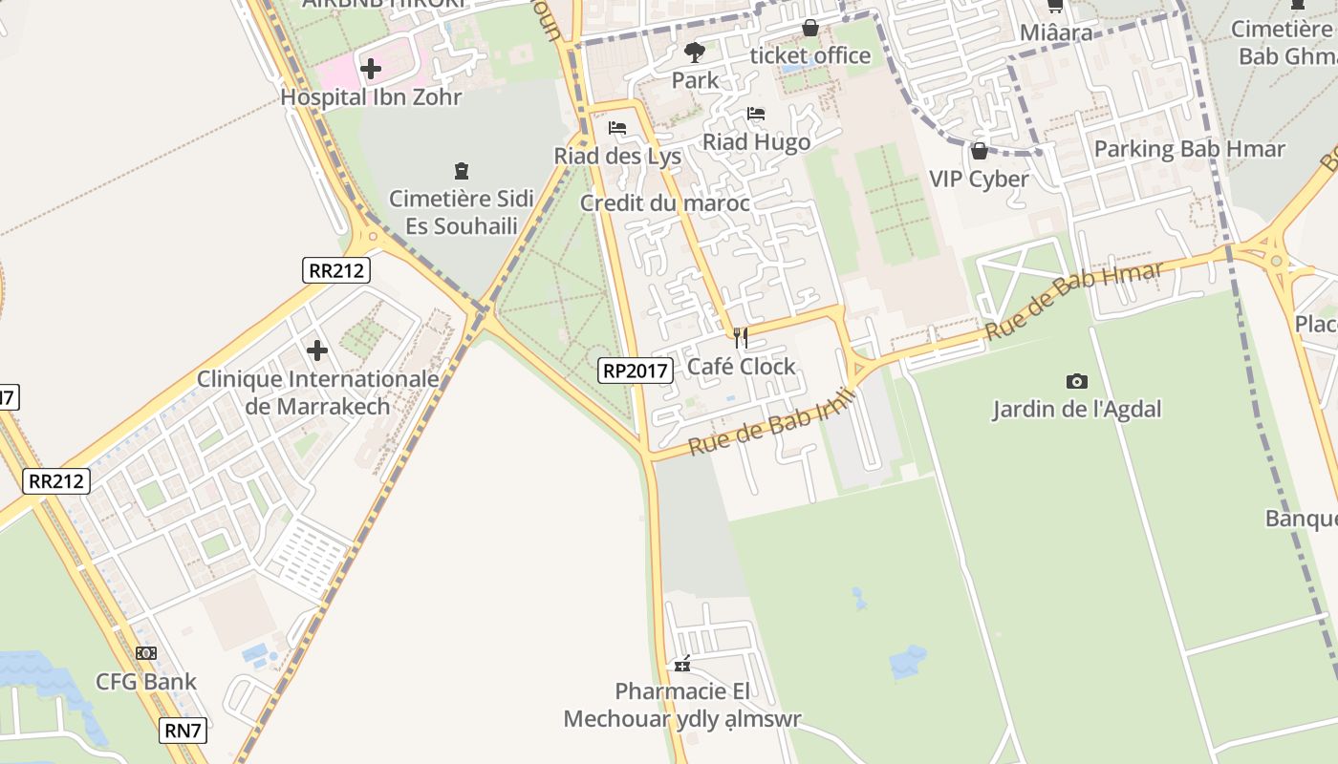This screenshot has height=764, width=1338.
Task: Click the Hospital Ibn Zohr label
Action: [371, 97]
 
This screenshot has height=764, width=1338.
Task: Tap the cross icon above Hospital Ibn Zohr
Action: [371, 69]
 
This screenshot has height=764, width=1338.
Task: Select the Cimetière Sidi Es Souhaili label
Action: [462, 213]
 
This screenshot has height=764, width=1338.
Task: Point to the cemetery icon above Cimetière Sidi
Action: [462, 172]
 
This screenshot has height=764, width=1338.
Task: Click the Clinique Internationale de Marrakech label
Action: [318, 393]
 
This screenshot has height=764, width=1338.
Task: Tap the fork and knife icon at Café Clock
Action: [740, 338]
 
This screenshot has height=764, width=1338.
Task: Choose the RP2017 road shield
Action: [636, 371]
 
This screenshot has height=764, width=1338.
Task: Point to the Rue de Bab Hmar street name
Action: [1075, 300]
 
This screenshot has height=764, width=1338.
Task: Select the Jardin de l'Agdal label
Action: [1076, 410]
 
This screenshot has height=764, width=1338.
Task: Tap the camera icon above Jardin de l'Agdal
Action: [1077, 381]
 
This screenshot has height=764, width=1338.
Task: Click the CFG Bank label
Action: [146, 682]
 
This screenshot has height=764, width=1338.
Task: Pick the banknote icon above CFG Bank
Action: [146, 653]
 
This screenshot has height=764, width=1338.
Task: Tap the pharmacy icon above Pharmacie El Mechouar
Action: [682, 664]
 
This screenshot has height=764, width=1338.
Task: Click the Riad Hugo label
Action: [756, 142]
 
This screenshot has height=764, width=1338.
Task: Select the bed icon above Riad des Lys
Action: [617, 128]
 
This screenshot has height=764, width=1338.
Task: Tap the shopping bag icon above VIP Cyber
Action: [979, 151]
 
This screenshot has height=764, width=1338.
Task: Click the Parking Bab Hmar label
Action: [1189, 149]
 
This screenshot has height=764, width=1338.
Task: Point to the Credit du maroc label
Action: [665, 203]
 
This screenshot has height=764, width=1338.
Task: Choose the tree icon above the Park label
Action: [695, 53]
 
